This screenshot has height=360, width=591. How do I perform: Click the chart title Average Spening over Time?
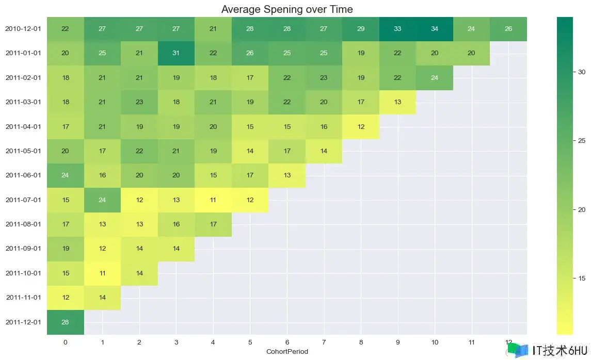[287, 9]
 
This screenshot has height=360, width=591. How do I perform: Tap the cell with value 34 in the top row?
[435, 29]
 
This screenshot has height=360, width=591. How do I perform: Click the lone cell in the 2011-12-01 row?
[65, 322]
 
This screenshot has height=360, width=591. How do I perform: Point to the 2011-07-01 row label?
[23, 200]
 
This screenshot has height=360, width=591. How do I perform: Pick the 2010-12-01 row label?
[23, 29]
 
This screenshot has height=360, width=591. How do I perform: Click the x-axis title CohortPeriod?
[287, 351]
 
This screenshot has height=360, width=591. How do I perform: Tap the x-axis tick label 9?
[397, 342]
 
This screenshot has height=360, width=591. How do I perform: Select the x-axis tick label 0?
[65, 342]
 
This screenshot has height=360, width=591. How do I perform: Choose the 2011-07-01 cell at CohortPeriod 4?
[213, 200]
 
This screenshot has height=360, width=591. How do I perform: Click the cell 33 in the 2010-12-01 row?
[397, 29]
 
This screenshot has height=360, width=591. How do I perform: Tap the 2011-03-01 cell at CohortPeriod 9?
[397, 102]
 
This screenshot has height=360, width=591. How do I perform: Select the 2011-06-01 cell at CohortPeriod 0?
[65, 175]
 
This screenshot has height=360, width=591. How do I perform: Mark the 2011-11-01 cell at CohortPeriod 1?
[102, 298]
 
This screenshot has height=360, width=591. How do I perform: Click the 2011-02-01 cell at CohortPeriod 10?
[435, 78]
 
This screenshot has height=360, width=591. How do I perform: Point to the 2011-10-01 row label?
[23, 273]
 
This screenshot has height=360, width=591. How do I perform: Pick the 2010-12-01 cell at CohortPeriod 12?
[508, 29]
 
